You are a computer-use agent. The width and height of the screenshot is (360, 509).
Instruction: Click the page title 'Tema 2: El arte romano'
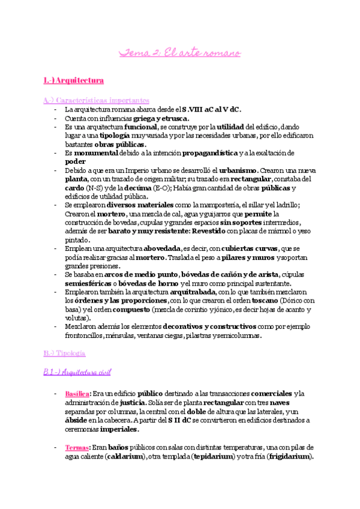click(x=180, y=53)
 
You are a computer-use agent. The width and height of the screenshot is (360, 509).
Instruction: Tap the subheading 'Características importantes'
click(x=97, y=100)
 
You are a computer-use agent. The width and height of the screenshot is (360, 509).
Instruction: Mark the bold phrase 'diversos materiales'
click(x=143, y=205)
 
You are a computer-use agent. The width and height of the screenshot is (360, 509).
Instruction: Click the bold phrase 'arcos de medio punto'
click(x=133, y=275)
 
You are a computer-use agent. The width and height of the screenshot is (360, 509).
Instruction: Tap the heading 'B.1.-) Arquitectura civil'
click(x=82, y=373)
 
